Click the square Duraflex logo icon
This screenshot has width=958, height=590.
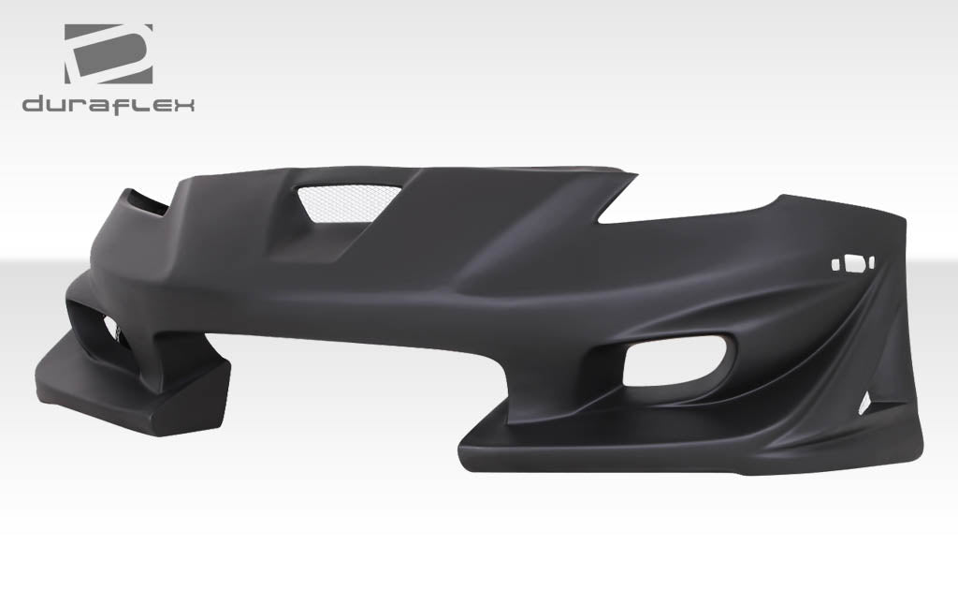(108, 54)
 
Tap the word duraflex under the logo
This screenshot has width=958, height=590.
(108, 104)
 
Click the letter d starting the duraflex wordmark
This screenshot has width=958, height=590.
(35, 104)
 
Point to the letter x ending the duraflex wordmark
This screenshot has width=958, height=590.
(182, 104)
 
